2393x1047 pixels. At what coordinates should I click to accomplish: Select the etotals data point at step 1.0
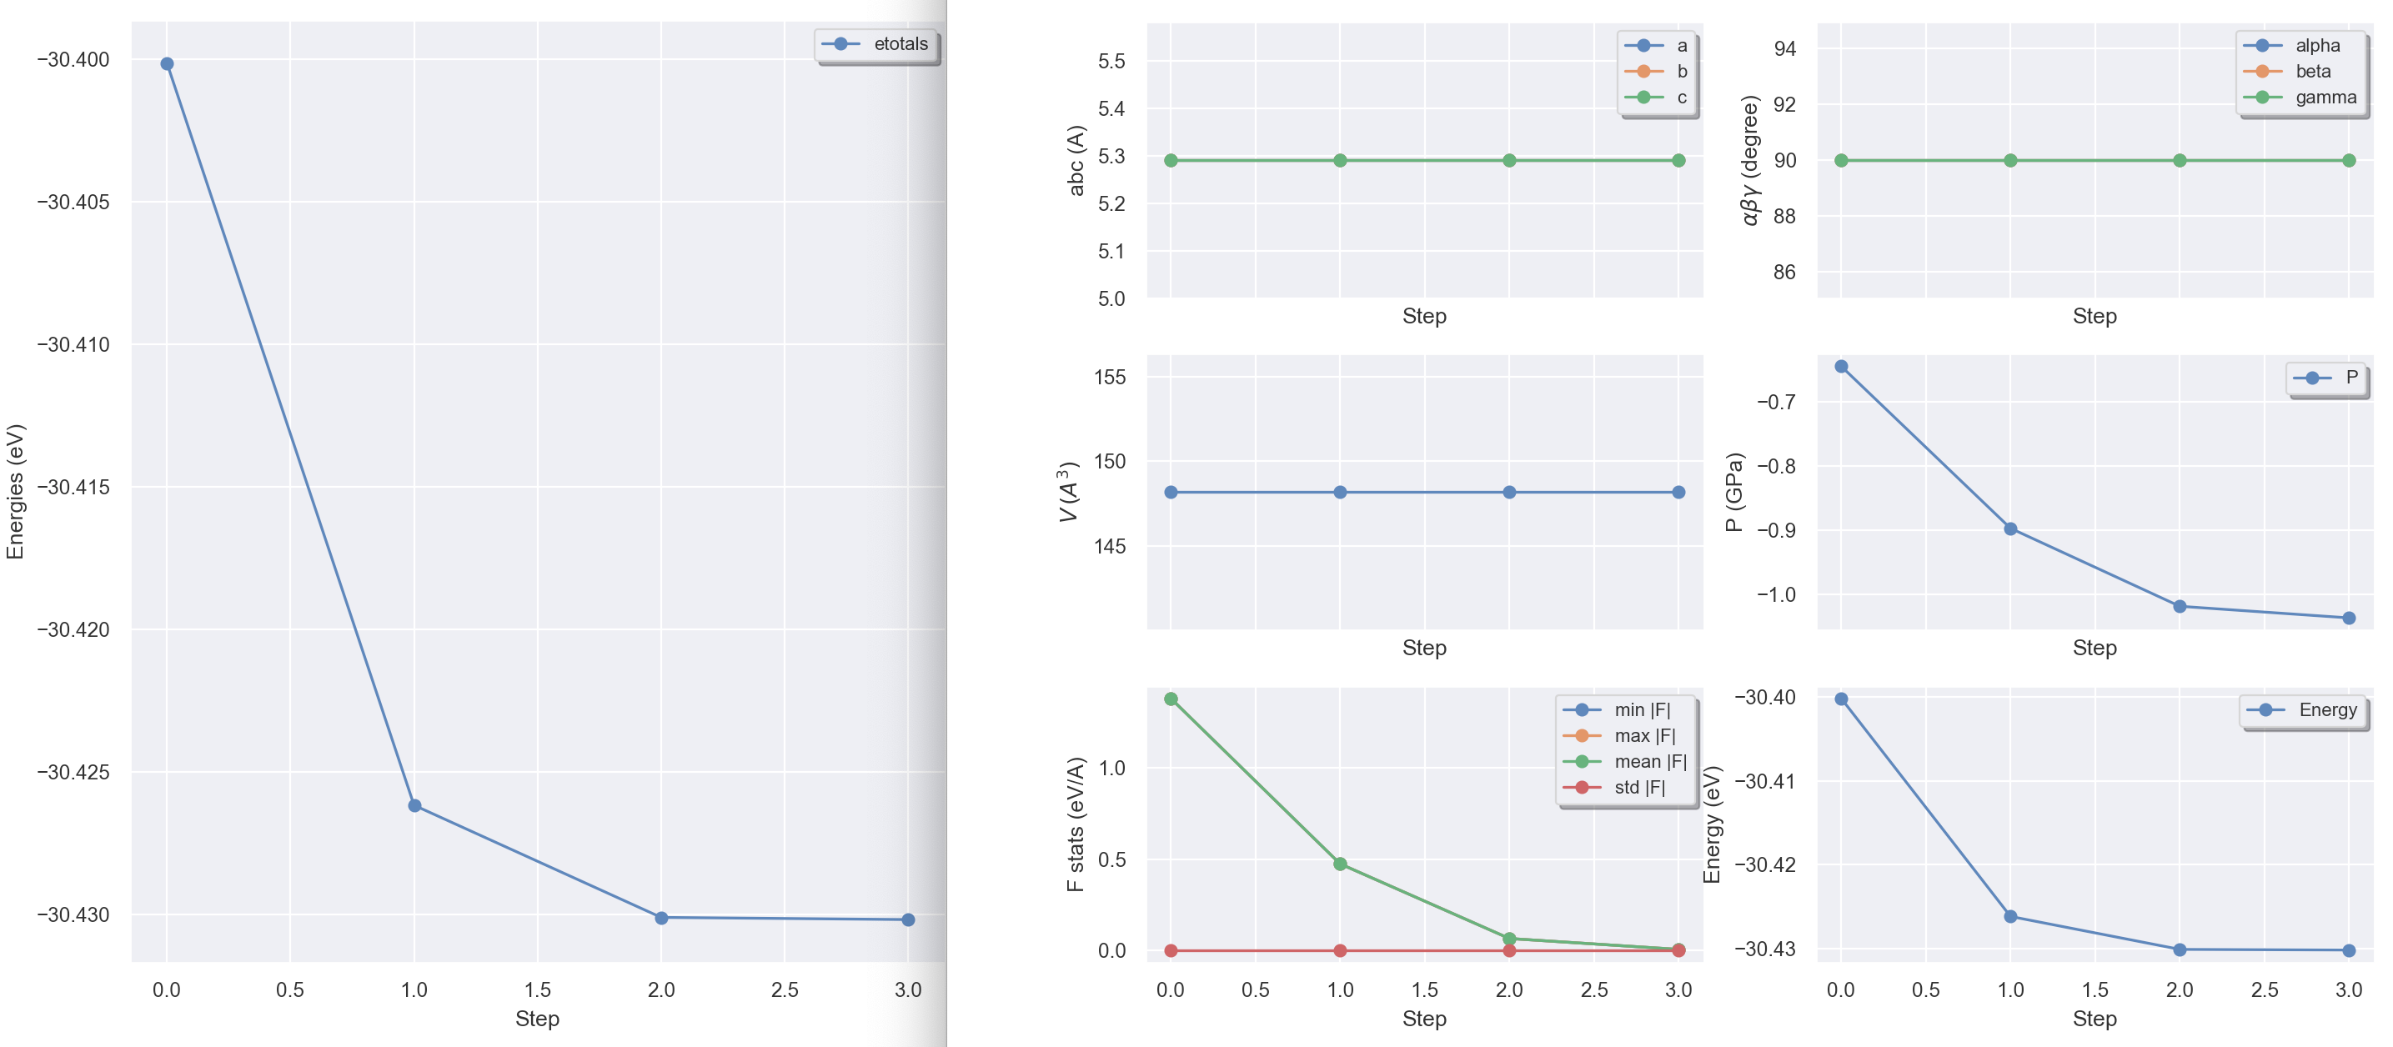[414, 805]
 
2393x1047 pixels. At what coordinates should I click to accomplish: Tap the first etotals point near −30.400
[168, 64]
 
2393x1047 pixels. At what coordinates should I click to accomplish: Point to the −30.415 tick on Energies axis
[73, 487]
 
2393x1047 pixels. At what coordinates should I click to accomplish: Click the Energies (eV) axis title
[15, 492]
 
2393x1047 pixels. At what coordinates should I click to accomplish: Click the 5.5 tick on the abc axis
[1111, 62]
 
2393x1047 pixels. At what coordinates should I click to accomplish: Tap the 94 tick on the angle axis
[1784, 48]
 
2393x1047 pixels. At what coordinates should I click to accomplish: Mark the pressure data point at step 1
[2010, 529]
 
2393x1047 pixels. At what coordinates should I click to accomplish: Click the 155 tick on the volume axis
[1110, 377]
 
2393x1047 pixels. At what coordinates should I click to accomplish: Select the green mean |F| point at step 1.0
[1340, 864]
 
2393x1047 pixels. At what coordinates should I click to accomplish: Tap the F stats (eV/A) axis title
[1076, 824]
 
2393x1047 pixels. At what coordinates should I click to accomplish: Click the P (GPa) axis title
[1734, 492]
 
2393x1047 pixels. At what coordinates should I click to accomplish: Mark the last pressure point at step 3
[2349, 618]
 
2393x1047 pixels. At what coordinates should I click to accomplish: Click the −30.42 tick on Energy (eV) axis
[1765, 865]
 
